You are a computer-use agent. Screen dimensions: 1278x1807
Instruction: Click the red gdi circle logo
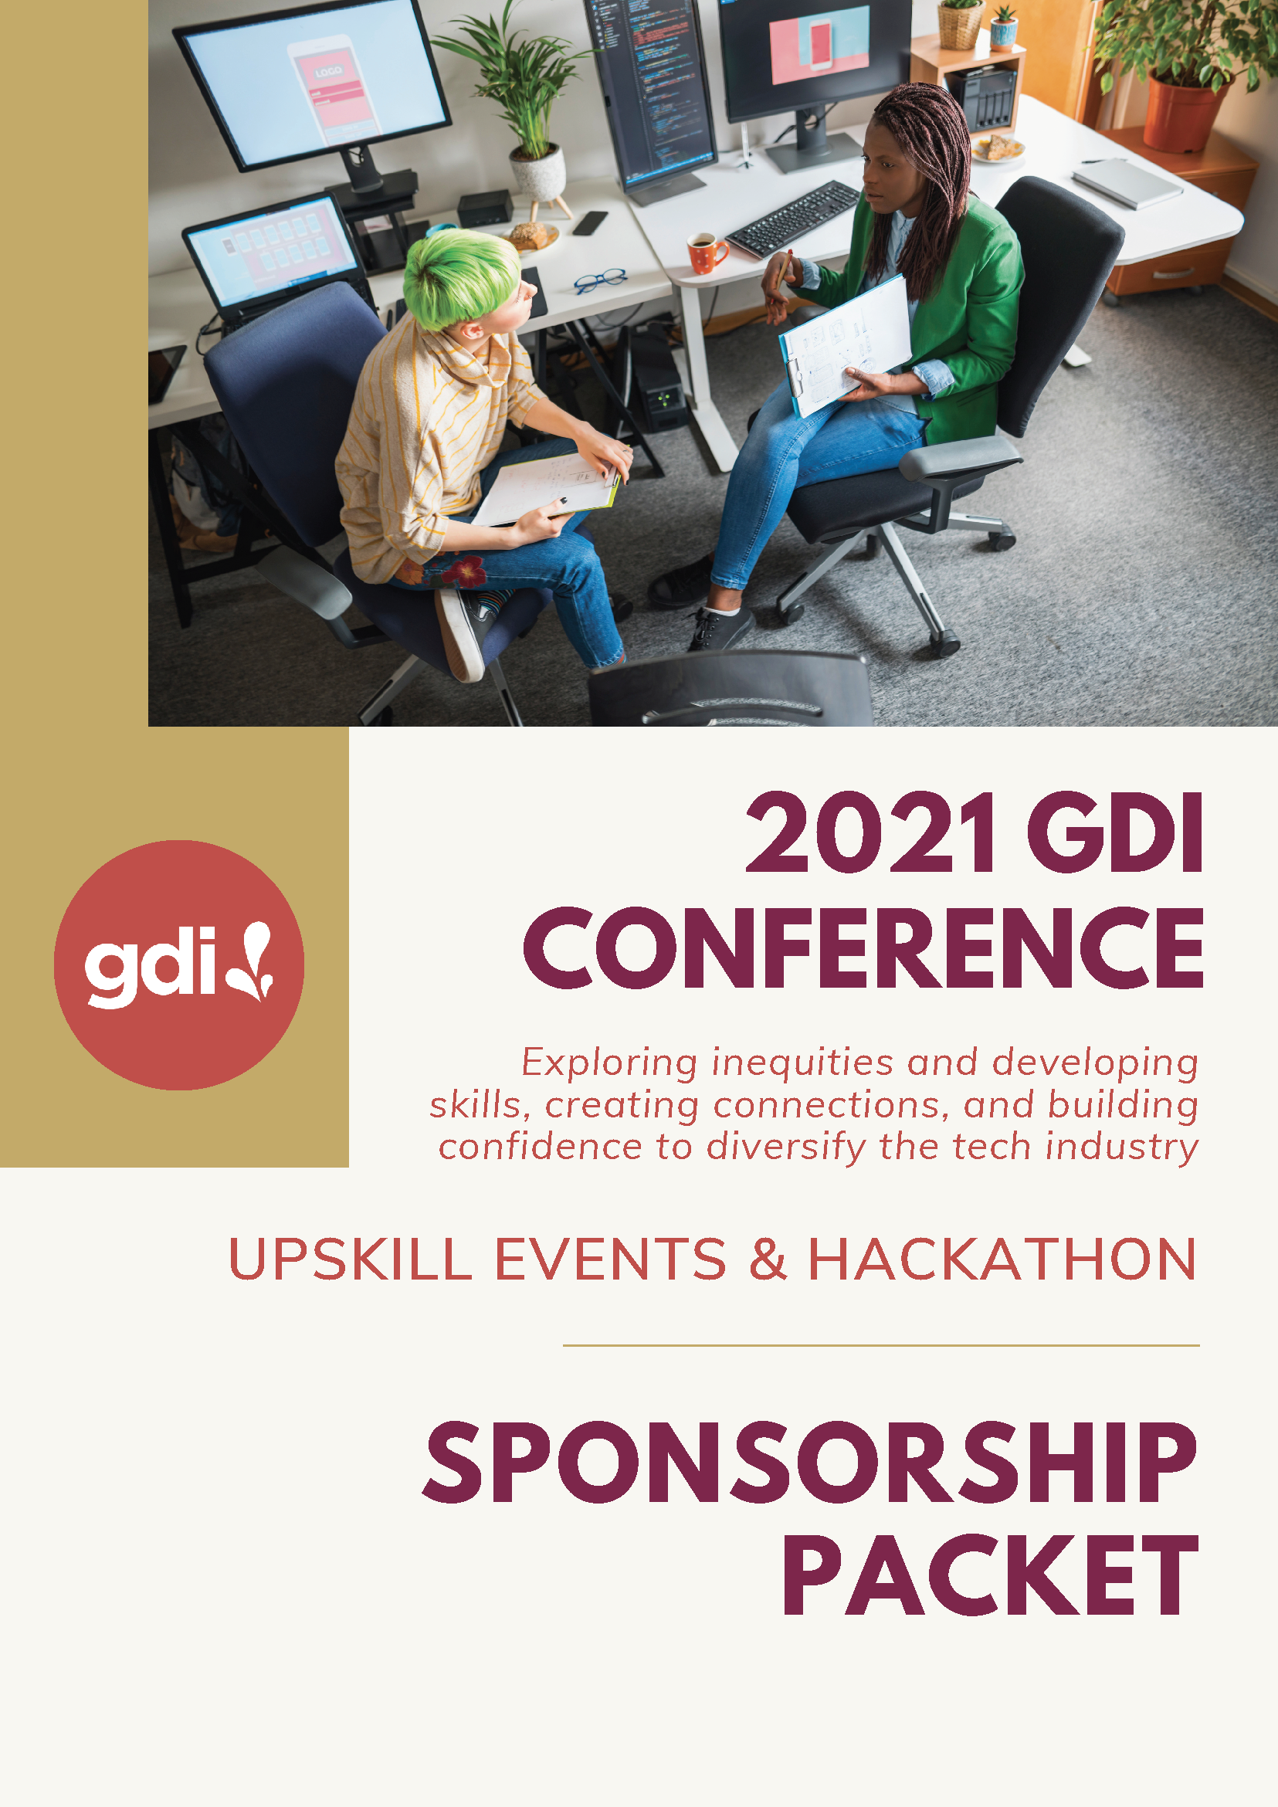pos(178,965)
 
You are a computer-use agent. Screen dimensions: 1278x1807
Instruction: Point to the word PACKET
pos(991,1575)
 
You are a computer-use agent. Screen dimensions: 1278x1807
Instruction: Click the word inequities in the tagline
pos(802,1063)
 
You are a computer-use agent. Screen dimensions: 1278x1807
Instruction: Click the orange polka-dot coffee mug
pos(706,252)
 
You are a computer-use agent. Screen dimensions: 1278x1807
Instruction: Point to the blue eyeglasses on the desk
pos(600,280)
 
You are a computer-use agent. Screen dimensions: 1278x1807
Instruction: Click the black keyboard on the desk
pos(792,219)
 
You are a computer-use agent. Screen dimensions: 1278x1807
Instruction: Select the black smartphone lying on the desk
pos(589,222)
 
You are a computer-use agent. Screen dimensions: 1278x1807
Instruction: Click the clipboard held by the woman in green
pos(844,344)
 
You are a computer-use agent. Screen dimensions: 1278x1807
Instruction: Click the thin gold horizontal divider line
pos(880,1345)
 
